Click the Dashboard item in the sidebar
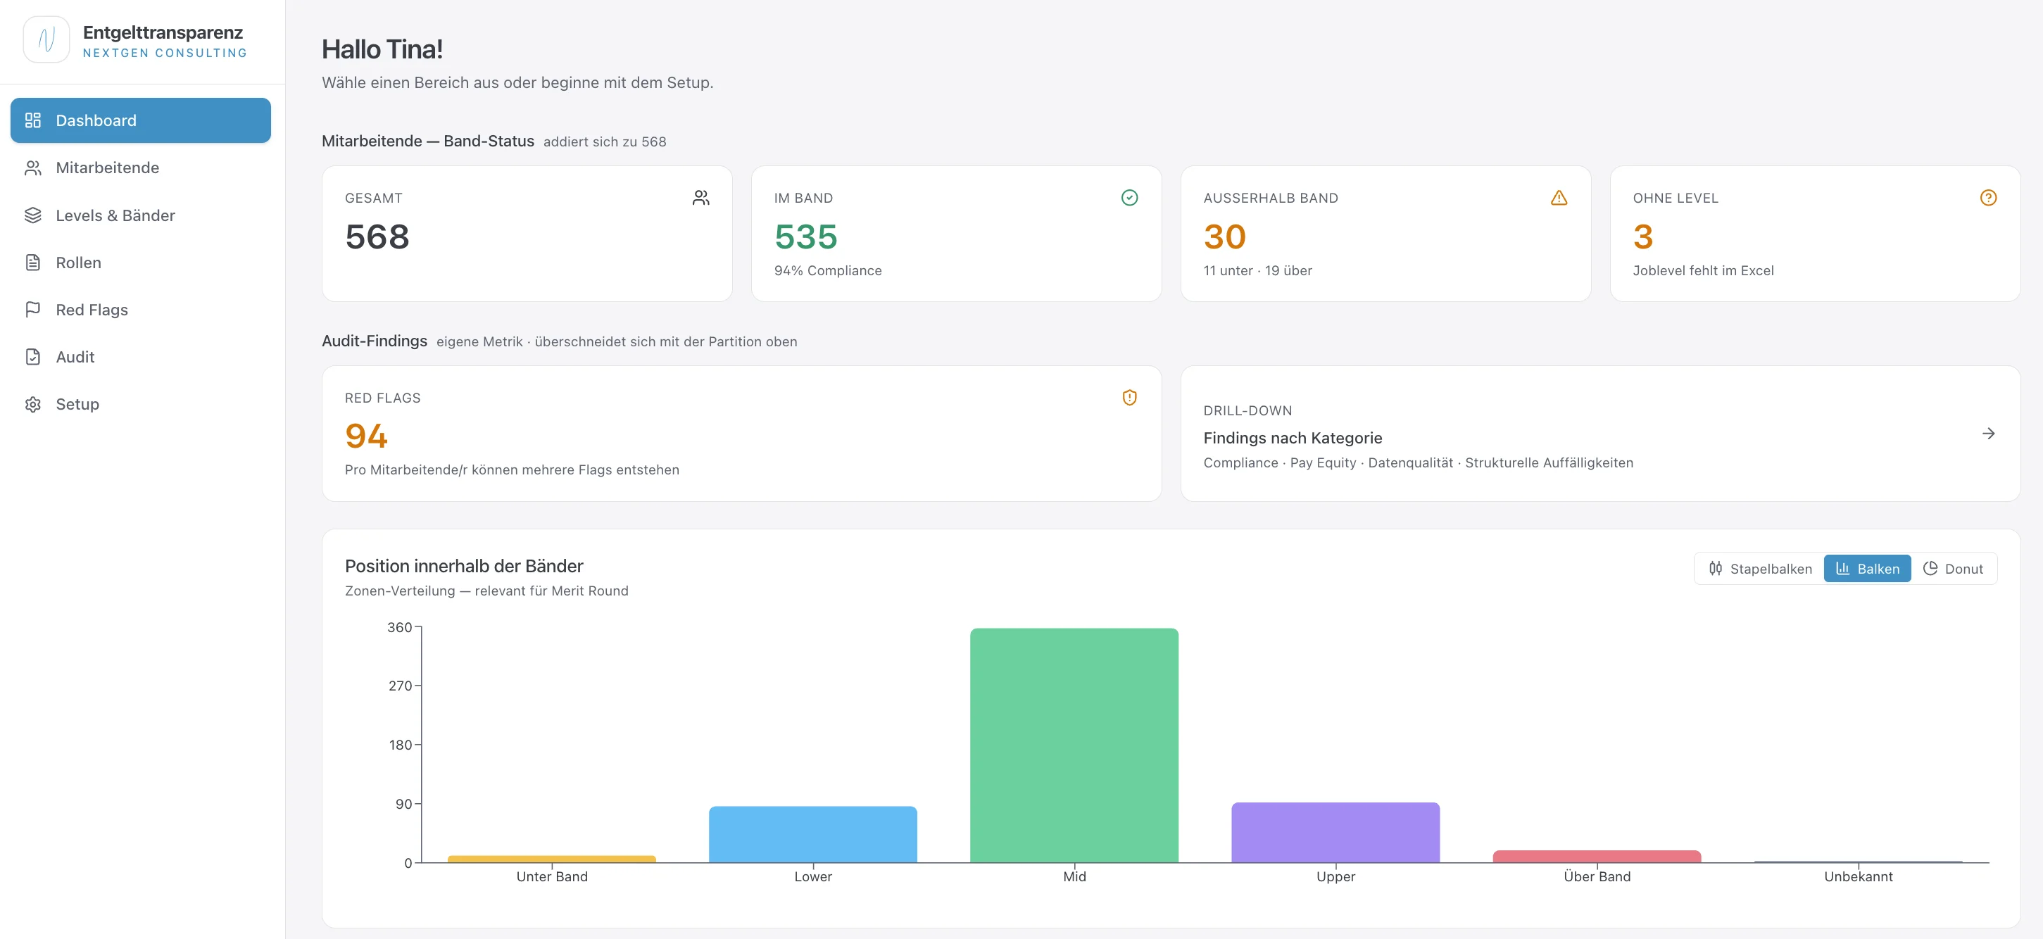(140, 120)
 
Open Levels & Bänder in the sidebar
(115, 215)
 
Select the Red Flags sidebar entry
(92, 310)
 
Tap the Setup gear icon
(32, 405)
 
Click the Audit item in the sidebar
(75, 357)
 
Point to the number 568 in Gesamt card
(377, 237)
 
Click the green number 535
(806, 237)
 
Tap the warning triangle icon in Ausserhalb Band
(1559, 198)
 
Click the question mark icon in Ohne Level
(1988, 198)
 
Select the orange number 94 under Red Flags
(366, 436)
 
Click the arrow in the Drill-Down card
(1988, 433)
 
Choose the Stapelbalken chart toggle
(1761, 569)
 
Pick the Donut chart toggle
(1953, 569)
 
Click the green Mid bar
(1074, 745)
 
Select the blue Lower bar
(813, 834)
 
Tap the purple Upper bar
(1335, 833)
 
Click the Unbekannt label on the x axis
(1859, 876)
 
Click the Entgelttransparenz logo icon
(46, 39)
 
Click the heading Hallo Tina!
(382, 49)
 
